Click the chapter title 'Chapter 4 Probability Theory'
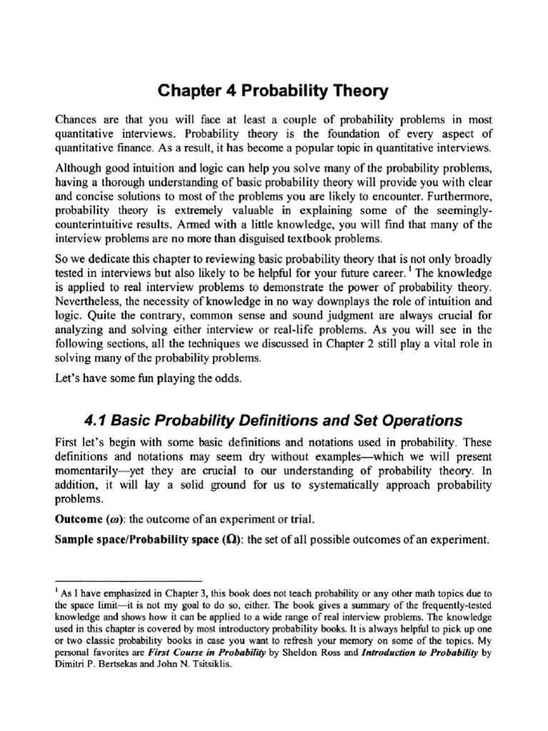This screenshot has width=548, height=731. pyautogui.click(x=273, y=91)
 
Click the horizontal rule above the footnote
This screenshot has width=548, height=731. pyautogui.click(x=128, y=582)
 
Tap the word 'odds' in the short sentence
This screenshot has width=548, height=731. pyautogui.click(x=229, y=378)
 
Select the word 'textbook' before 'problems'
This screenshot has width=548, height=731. pyautogui.click(x=313, y=238)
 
